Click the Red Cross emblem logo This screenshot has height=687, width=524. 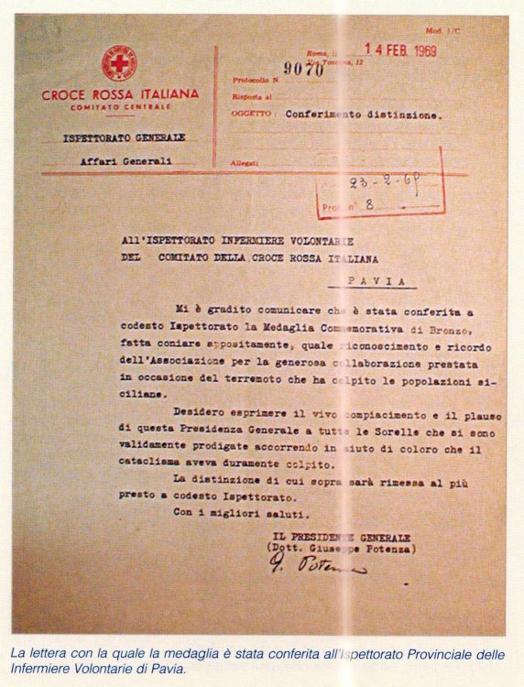click(118, 63)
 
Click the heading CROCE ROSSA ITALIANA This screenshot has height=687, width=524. click(119, 93)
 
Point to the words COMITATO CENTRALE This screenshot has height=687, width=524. click(119, 108)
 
